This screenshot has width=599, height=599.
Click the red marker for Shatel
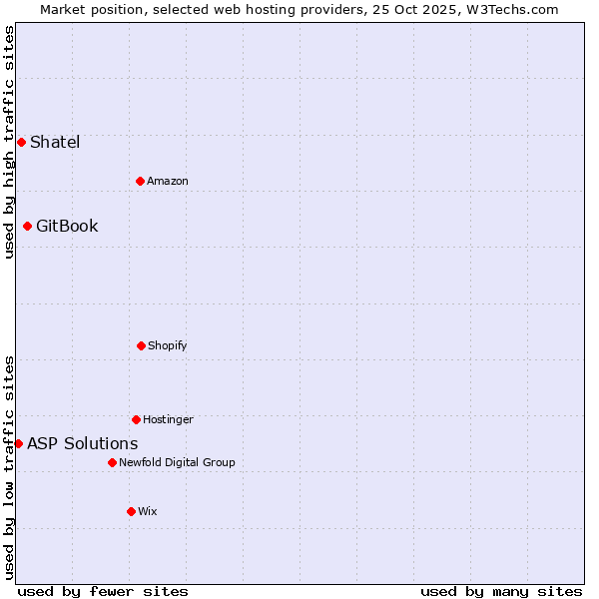coord(21,142)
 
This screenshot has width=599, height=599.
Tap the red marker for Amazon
coord(140,181)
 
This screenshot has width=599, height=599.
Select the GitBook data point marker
coord(27,226)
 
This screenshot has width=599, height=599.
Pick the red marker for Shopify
coord(141,345)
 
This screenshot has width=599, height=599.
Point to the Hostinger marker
coord(136,419)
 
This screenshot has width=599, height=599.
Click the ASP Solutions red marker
coord(18,443)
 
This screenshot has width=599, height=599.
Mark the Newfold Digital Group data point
coord(112,462)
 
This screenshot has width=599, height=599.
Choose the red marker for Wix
coord(131,511)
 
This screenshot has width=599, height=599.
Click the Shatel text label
coord(55,142)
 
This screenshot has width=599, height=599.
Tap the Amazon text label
coord(168,181)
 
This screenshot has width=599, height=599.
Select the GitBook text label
coord(67,226)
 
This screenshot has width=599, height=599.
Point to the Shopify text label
coord(168,345)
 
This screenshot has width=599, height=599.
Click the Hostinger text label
coord(168,419)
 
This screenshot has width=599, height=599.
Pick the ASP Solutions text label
coord(83,443)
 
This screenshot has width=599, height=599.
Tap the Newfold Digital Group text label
coord(177,462)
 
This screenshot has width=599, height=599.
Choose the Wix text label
coord(148,511)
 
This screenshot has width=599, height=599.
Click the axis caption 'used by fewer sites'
coord(103,591)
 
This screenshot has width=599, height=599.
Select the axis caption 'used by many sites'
coord(501,591)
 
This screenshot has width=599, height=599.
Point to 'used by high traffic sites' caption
coord(9,142)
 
